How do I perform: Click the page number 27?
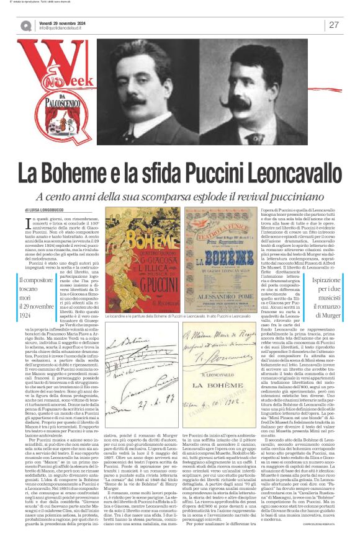333,25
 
